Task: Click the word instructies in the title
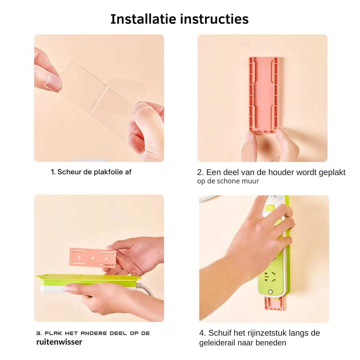point(214,19)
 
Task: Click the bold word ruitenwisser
point(59,342)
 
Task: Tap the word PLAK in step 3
point(53,333)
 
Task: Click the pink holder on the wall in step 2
point(264,95)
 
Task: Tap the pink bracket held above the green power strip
point(93,258)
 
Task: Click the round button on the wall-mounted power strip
point(271,292)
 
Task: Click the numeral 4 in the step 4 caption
point(202,333)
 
